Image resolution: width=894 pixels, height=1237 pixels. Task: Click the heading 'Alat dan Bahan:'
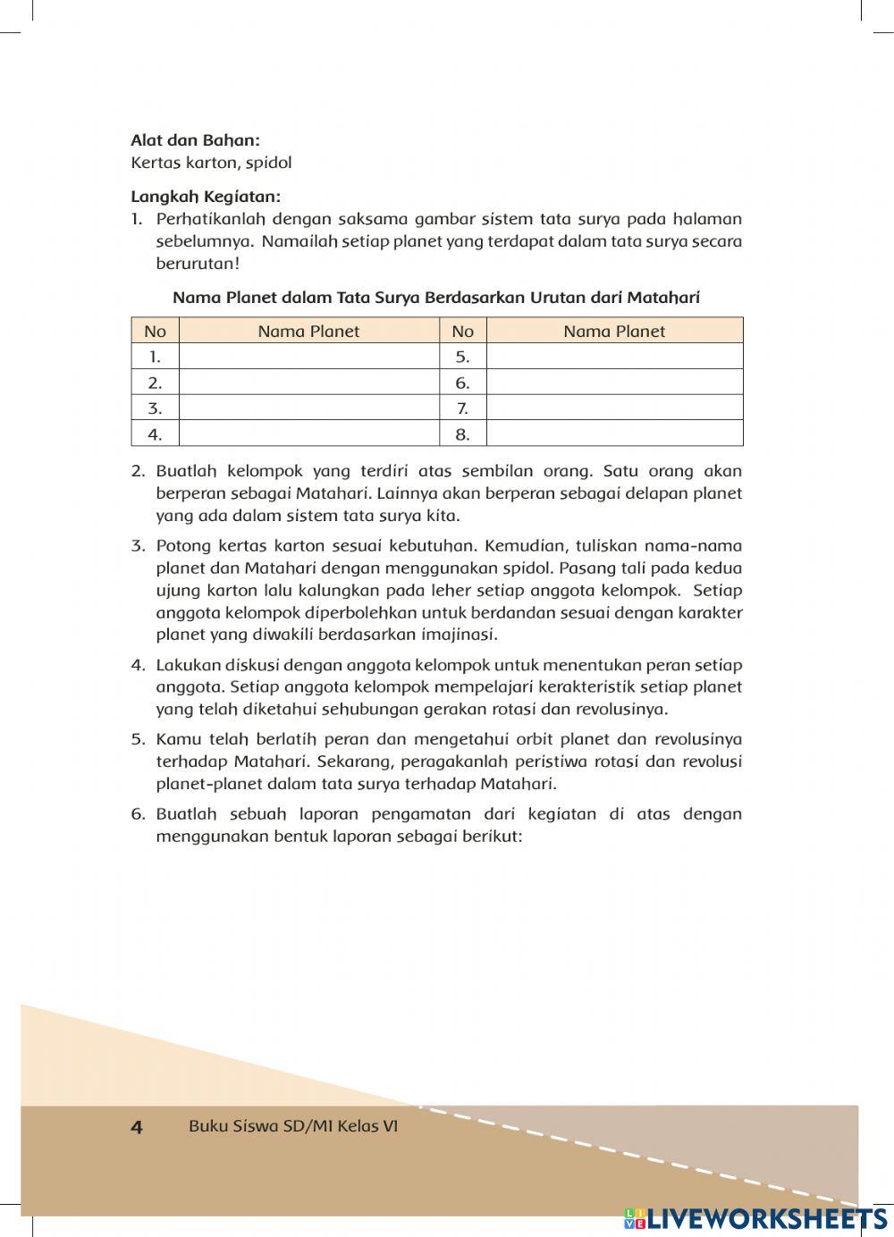(x=195, y=140)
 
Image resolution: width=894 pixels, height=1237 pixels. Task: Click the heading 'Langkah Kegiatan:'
(x=205, y=197)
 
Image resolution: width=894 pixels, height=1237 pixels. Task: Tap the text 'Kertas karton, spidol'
(x=211, y=163)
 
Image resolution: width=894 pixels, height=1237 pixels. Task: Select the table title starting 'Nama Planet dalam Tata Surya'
(x=436, y=298)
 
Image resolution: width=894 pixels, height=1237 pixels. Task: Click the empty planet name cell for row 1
(x=308, y=357)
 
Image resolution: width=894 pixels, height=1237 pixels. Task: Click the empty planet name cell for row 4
(x=308, y=434)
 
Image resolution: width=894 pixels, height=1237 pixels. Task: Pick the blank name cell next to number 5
(x=614, y=357)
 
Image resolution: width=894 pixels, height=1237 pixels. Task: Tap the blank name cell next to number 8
(x=614, y=434)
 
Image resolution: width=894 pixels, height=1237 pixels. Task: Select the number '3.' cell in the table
(x=155, y=408)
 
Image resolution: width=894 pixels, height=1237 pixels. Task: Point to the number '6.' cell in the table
(x=462, y=383)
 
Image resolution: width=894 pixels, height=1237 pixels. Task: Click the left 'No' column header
(x=155, y=331)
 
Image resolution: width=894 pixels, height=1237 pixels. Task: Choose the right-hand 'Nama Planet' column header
(x=614, y=331)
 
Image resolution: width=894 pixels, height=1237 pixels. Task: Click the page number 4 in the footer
(x=137, y=1127)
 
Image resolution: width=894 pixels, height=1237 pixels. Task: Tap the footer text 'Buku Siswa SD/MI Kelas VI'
(x=293, y=1126)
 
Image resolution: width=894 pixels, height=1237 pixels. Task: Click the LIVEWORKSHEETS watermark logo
(x=756, y=1218)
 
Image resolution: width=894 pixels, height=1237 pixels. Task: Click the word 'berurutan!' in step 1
(x=198, y=264)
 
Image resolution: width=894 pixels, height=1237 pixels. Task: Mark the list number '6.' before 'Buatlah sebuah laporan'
(x=138, y=814)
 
